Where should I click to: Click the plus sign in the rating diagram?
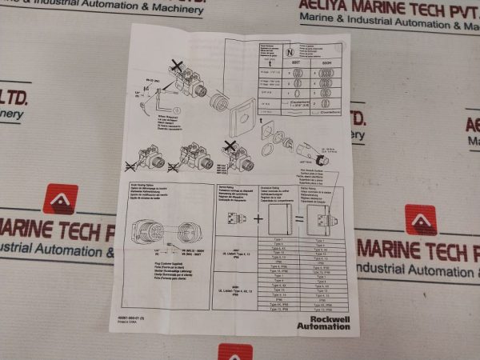coord(259,217)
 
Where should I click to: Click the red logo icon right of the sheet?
coord(421,221)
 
